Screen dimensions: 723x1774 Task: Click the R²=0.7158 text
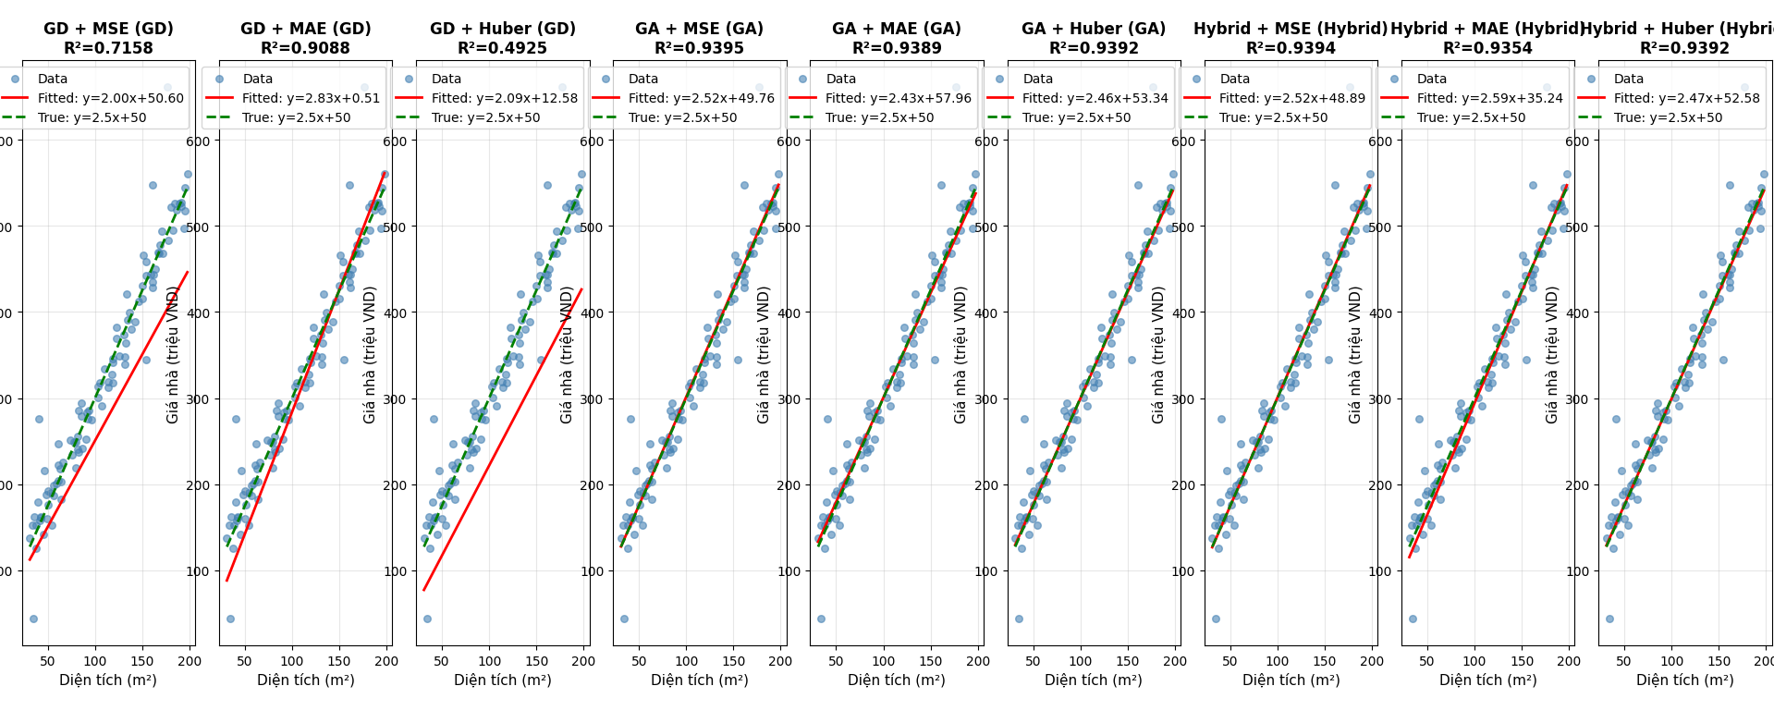[x=108, y=48]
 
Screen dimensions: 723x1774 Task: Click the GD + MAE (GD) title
[x=305, y=29]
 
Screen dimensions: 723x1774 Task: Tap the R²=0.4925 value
[x=502, y=48]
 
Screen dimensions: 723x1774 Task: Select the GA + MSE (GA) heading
[x=699, y=29]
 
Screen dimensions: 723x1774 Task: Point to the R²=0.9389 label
[x=897, y=48]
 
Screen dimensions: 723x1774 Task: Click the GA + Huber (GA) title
[x=1094, y=29]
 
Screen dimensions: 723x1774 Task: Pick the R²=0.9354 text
[x=1487, y=48]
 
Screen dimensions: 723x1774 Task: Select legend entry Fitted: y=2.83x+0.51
[x=311, y=98]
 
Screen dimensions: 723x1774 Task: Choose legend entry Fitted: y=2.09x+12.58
[x=505, y=98]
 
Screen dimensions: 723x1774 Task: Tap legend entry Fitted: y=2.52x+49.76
[x=702, y=98]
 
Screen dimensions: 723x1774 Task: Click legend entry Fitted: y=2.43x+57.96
[x=899, y=98]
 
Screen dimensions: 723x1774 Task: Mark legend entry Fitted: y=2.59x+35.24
[x=1490, y=98]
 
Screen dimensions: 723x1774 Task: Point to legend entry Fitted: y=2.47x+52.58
[x=1687, y=98]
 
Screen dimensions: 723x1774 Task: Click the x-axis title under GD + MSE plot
[x=108, y=680]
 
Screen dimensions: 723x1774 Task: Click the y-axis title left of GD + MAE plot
[x=173, y=354]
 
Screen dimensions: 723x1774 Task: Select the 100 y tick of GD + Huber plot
[x=395, y=571]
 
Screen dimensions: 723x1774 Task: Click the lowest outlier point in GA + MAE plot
[x=821, y=619]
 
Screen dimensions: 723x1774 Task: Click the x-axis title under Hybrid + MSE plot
[x=1291, y=680]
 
